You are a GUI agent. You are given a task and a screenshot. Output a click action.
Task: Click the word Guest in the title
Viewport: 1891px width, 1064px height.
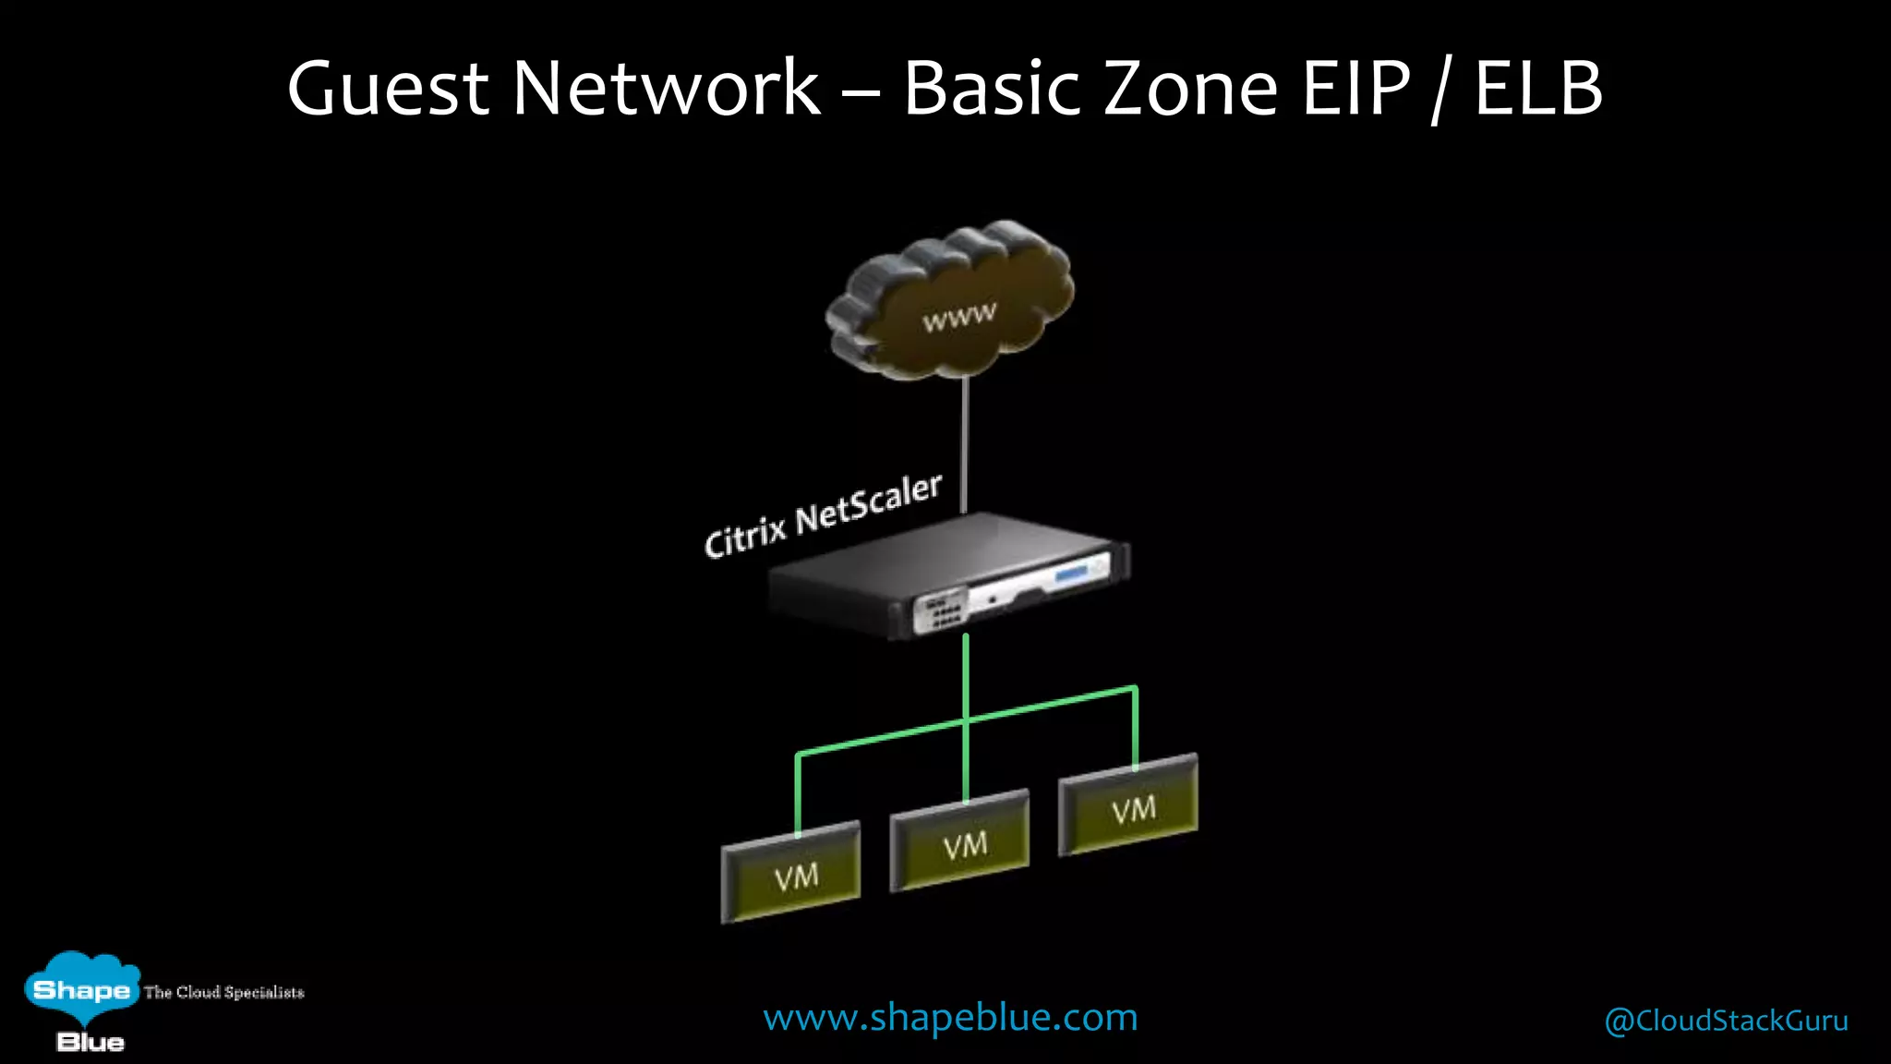(x=388, y=89)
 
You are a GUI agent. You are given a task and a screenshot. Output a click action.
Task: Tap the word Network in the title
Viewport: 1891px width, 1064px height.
(x=666, y=89)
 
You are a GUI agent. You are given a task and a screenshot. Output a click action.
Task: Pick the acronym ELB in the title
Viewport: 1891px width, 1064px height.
(x=1538, y=89)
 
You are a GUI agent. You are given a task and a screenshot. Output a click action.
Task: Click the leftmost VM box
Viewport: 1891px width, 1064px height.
(x=791, y=873)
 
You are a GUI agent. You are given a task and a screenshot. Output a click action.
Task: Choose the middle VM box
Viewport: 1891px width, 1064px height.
(x=960, y=841)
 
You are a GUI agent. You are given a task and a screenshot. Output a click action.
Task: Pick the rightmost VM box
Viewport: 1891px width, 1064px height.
(x=1128, y=806)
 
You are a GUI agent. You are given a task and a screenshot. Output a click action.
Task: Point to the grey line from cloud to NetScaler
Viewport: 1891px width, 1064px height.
(x=964, y=443)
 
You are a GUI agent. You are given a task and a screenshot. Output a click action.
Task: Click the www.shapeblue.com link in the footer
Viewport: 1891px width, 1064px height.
(x=950, y=1018)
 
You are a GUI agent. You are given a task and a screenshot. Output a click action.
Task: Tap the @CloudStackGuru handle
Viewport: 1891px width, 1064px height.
(x=1726, y=1021)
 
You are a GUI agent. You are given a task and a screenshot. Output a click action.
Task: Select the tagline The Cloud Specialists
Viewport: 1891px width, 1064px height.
(x=223, y=992)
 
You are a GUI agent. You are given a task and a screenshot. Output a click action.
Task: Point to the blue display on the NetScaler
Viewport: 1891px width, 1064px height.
(x=1071, y=575)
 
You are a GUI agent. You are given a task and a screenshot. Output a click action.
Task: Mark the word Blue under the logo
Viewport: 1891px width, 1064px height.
(x=90, y=1043)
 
